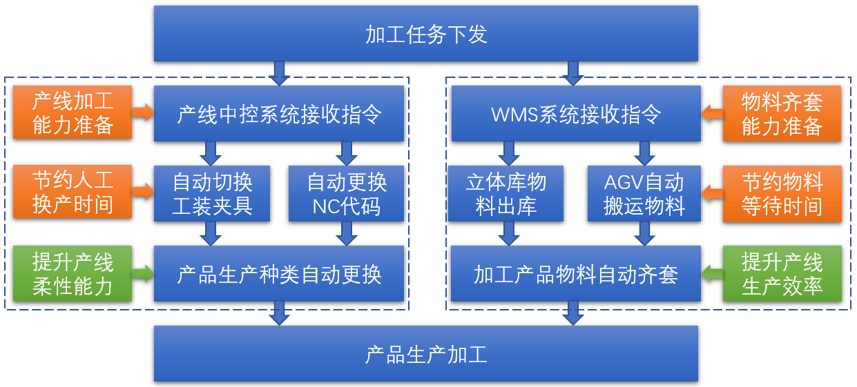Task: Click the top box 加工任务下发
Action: pos(426,34)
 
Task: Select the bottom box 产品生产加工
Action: pos(426,354)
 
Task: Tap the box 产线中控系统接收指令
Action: pos(279,113)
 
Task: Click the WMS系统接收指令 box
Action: pos(576,113)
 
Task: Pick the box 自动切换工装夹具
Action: pos(212,193)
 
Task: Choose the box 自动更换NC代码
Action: pos(346,193)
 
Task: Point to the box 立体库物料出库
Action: pos(505,193)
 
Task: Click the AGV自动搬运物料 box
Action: pos(644,193)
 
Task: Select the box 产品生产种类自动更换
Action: pos(279,274)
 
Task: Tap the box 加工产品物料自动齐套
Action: pos(576,274)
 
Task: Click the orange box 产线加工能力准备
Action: pos(73,112)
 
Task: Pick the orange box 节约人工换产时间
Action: pos(73,192)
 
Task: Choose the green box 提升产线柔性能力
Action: pos(73,274)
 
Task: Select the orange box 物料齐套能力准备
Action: pos(782,113)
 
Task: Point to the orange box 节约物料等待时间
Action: pos(782,194)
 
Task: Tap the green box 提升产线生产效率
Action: pos(782,274)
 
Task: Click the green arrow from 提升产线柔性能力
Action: pos(144,273)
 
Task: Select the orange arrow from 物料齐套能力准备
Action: pos(712,113)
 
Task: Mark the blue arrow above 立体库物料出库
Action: pos(508,154)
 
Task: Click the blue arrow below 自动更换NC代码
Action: pos(346,233)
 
